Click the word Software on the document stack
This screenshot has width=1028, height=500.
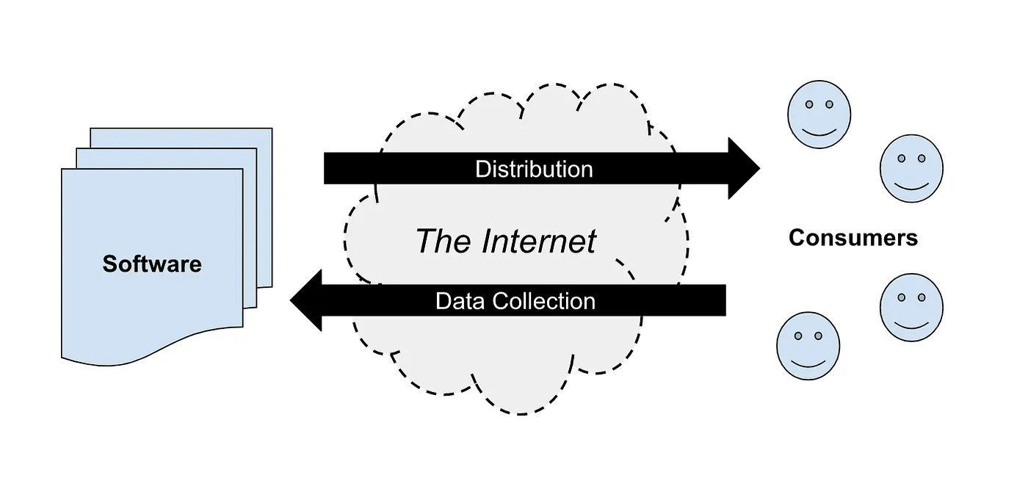[x=152, y=264]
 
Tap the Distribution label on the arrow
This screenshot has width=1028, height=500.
[x=534, y=170]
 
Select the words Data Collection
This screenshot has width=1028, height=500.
[x=515, y=301]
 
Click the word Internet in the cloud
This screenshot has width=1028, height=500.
[x=539, y=241]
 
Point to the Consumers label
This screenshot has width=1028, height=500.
[x=853, y=238]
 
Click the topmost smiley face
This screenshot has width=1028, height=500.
[x=819, y=114]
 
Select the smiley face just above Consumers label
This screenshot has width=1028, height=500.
[x=911, y=168]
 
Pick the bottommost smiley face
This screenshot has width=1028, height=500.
[x=808, y=346]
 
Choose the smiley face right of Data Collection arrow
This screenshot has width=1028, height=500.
[x=911, y=308]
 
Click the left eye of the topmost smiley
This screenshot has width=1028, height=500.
[x=808, y=105]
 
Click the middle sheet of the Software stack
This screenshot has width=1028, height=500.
[x=250, y=220]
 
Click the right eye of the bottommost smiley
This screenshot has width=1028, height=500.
[x=818, y=336]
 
